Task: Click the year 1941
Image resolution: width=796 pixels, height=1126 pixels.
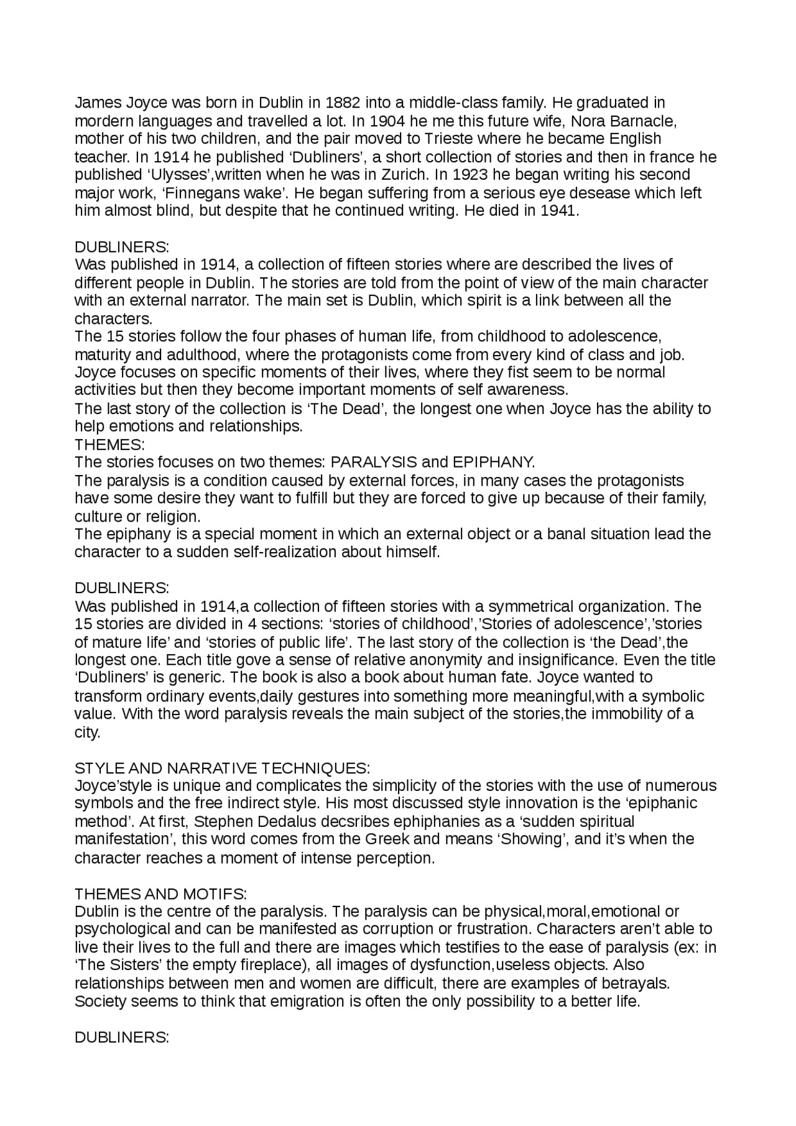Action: [560, 211]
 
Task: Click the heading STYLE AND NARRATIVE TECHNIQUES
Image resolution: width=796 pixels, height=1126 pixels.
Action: [222, 768]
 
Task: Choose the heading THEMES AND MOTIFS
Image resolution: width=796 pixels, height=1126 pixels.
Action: [160, 894]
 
